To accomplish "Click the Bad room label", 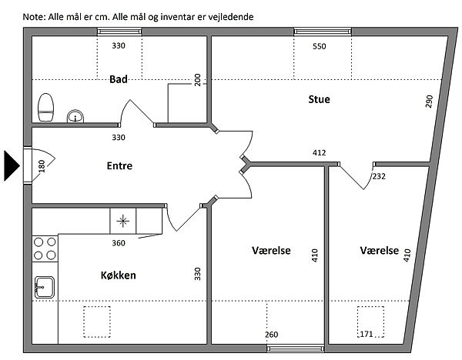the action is coord(119,79).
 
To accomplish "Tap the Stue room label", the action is coord(319,99).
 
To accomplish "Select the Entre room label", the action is coord(119,165).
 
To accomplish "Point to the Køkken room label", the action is coord(118,275).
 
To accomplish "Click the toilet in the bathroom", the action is coord(46,108).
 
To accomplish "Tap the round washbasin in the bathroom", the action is coord(75,116).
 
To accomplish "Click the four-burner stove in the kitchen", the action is coord(45,249).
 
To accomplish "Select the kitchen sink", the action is coord(45,287).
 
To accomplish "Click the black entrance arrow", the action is coord(12,165).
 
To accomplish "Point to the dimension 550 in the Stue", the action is coord(319,46).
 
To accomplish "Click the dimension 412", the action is coord(319,153).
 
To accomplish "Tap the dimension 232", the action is coord(379,176).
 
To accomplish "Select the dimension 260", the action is coord(271,335).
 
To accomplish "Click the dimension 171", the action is coord(367,334).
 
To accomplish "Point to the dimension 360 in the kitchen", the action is coord(119,243).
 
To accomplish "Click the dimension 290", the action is coord(430,102).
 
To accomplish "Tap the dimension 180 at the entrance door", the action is coord(42,166).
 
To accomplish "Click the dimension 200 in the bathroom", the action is coord(198,80).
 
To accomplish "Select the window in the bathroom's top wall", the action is coord(119,32).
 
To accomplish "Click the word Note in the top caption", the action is coord(33,17).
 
